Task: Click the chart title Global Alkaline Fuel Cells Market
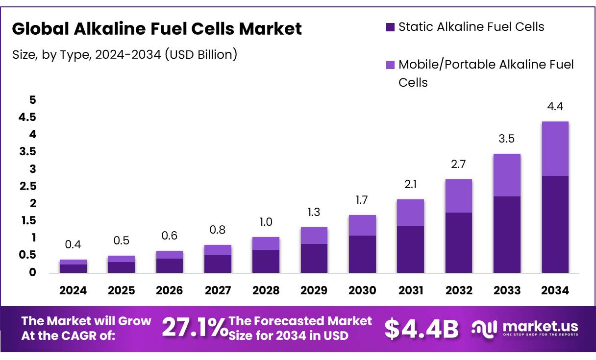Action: coord(157,29)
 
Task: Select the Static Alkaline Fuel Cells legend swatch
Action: coord(390,27)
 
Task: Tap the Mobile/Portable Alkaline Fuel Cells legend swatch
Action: coord(390,65)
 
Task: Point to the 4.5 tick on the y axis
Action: coord(27,117)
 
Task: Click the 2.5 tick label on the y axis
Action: coord(27,186)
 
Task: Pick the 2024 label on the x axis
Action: coord(73,290)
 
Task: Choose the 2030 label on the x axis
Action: coord(362,290)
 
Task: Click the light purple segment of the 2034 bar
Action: coord(555,148)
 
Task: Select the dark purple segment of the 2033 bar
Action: coord(507,234)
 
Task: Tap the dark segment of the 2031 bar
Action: coord(410,249)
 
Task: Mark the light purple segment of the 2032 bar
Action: coord(459,195)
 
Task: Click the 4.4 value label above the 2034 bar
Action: coord(555,106)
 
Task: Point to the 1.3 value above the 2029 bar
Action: coord(314,212)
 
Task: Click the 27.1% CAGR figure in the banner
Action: coord(194,328)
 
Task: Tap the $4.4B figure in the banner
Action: coord(422,329)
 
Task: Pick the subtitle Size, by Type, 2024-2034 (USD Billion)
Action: coord(124,54)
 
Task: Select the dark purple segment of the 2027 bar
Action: coord(218,264)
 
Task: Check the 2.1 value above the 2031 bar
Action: coord(410,185)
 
